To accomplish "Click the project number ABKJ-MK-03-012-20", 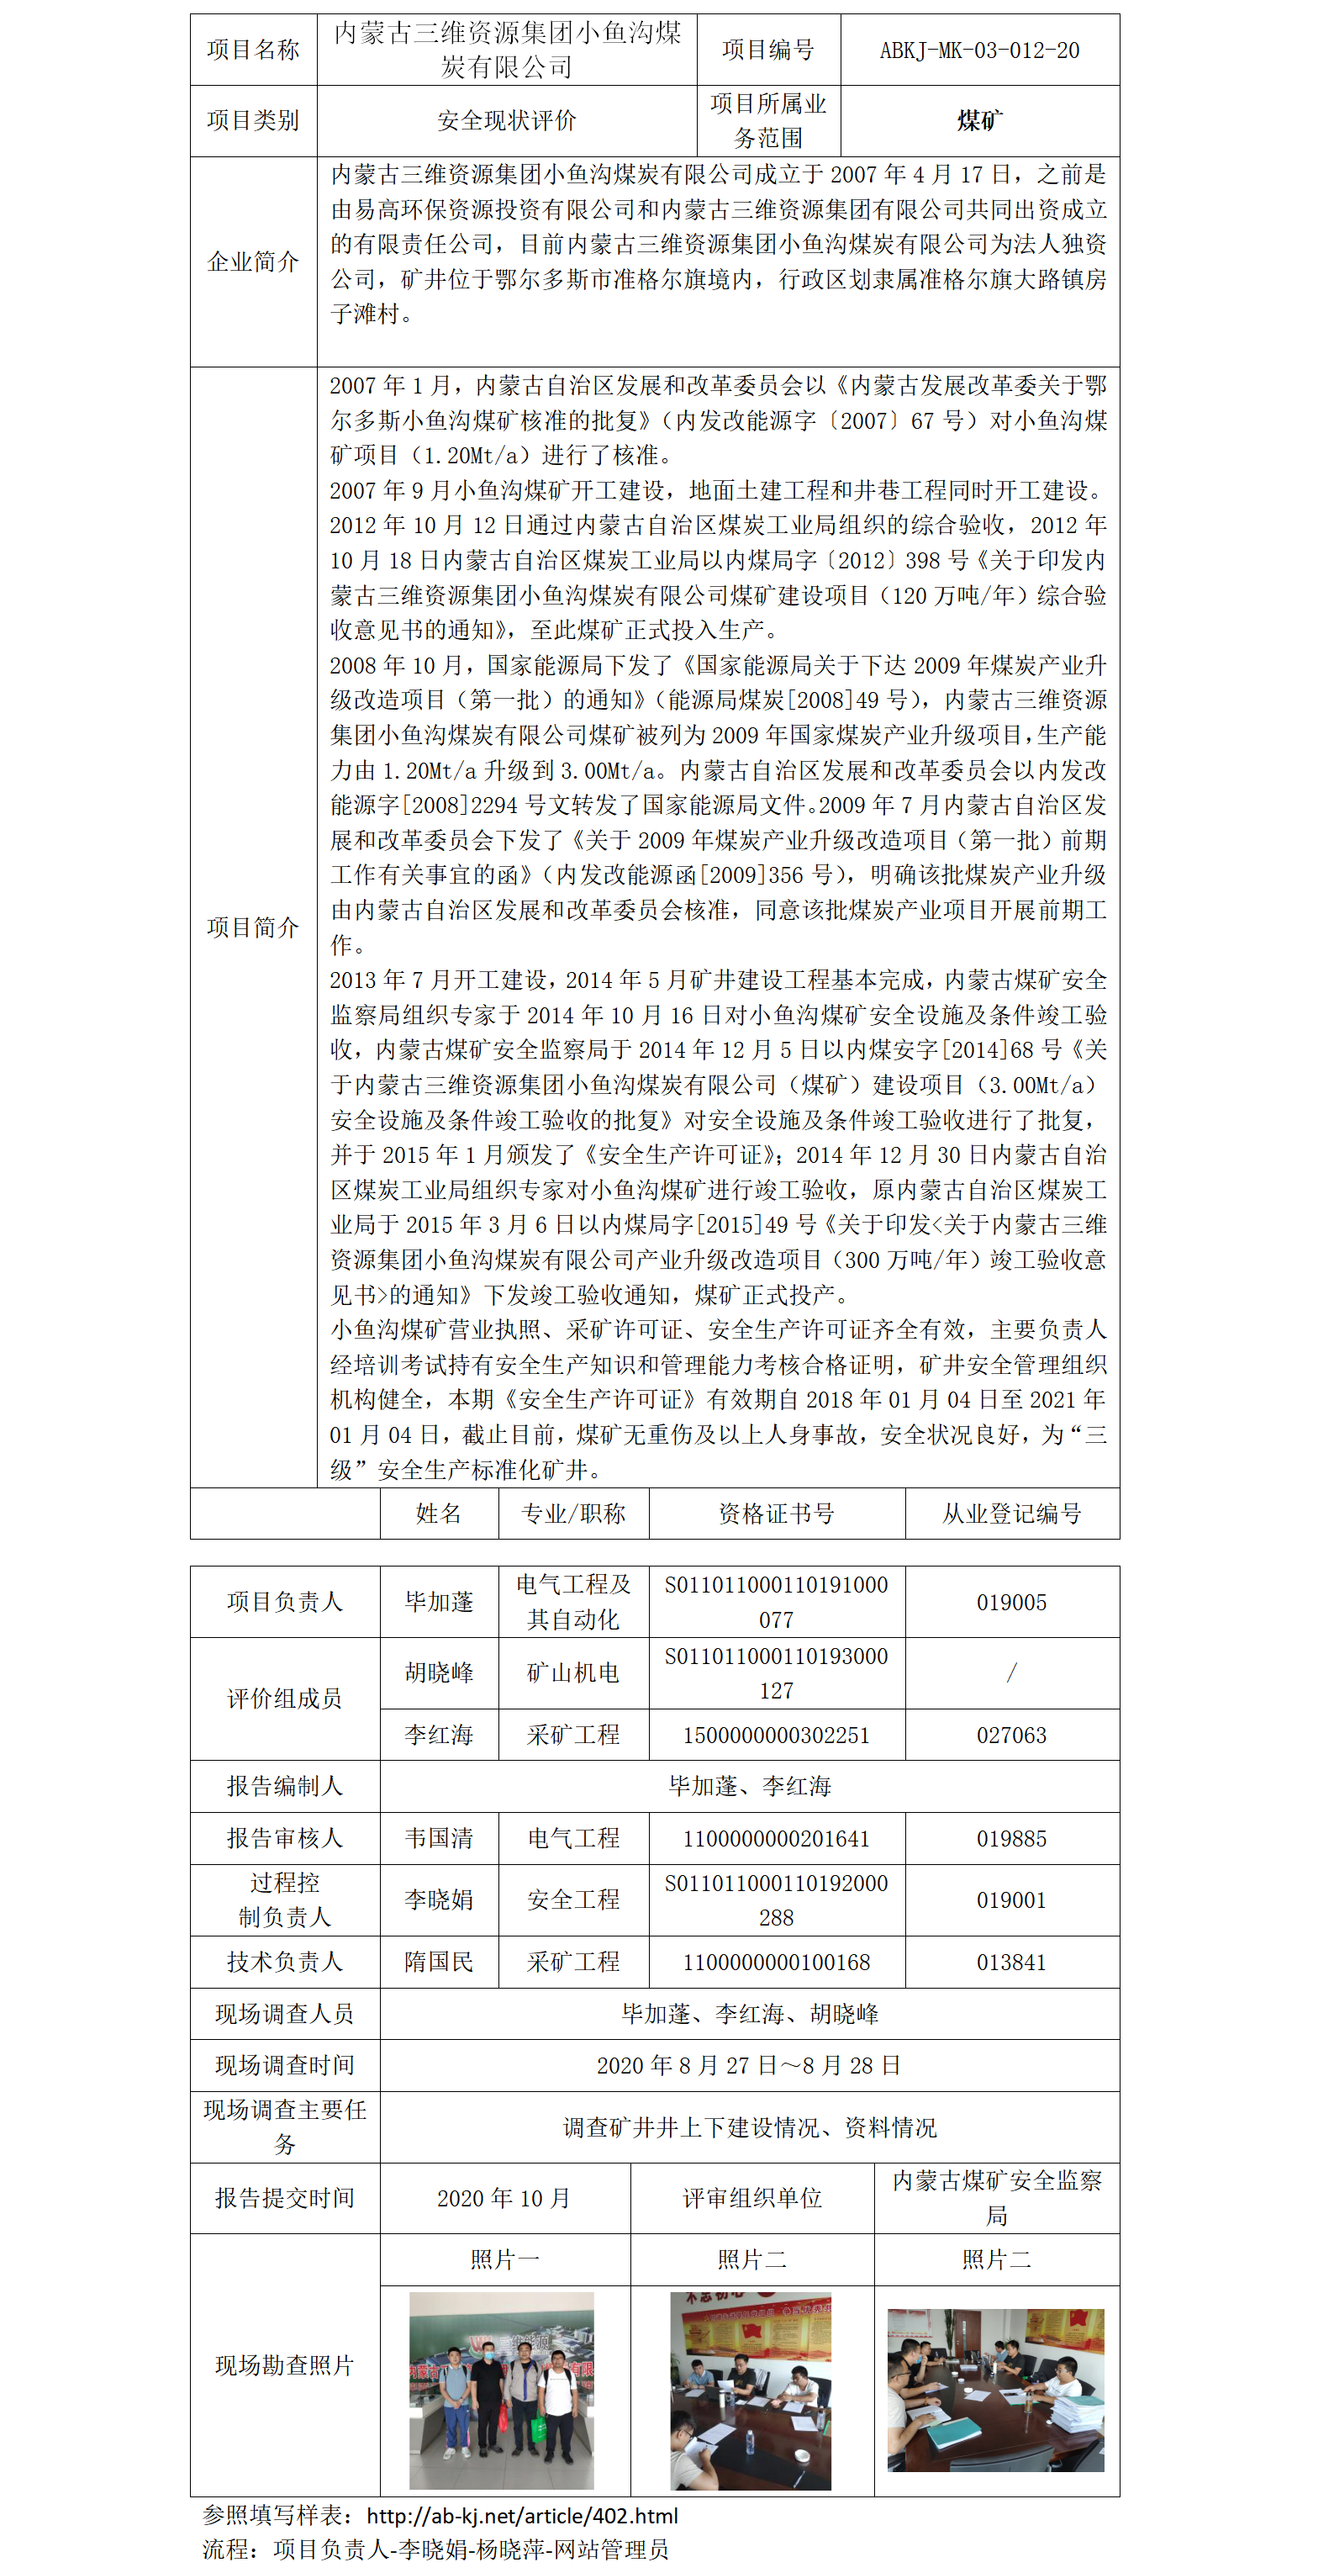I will [978, 50].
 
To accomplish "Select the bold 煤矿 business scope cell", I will [978, 121].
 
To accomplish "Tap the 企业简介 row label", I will [253, 262].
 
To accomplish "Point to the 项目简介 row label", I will [253, 927].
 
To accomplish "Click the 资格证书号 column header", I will [776, 1514].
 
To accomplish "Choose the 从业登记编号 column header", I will [1011, 1514].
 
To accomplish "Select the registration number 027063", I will [1011, 1735].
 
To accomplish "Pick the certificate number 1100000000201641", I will [776, 1838].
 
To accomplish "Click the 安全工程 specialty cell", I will [573, 1899].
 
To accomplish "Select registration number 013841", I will [1011, 1962].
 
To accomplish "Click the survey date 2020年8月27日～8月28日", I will [749, 2064].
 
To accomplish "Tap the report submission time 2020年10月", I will [504, 2197].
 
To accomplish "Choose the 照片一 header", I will [504, 2259].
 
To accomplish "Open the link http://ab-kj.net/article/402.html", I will [522, 2515].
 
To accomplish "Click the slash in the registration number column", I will [1011, 1673].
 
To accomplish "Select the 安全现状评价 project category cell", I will [506, 121].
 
